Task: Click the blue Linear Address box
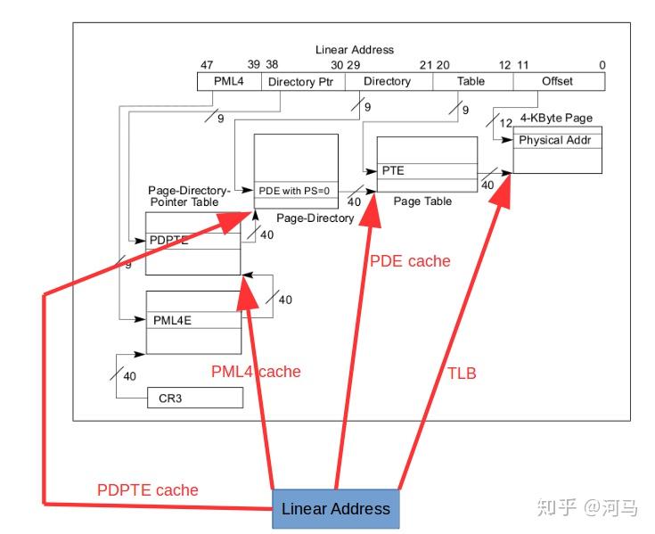click(335, 509)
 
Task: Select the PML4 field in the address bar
click(228, 81)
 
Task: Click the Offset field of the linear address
click(558, 81)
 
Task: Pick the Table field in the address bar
click(471, 81)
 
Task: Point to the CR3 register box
click(194, 398)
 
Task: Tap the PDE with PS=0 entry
click(296, 190)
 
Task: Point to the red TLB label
click(461, 374)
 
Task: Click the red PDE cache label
click(410, 261)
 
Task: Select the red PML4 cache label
click(256, 372)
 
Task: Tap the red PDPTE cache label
click(148, 489)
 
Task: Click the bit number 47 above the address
click(206, 65)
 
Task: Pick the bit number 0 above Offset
click(602, 65)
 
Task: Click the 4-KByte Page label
click(556, 118)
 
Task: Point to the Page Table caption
click(422, 201)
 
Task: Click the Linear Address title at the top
click(354, 50)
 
